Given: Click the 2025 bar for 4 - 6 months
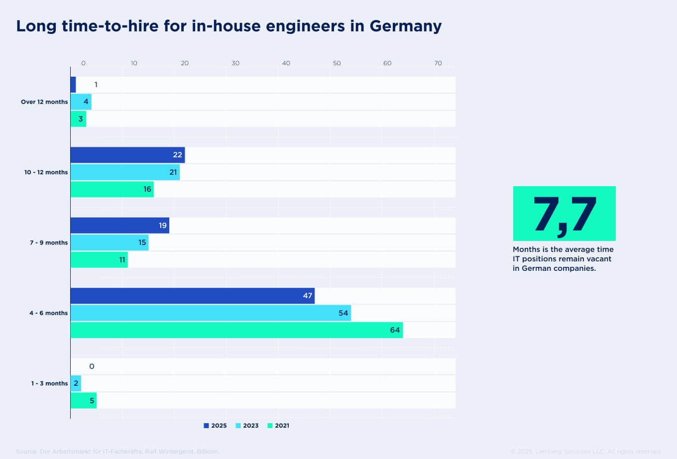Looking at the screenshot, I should [192, 296].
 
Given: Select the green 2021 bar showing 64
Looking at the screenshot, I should [236, 330].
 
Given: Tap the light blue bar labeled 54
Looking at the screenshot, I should [211, 313].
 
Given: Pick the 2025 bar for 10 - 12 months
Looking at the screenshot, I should [127, 155].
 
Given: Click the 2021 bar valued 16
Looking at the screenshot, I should [112, 189].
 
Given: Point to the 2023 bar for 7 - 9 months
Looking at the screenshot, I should [110, 242].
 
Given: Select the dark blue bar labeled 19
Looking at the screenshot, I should [119, 226].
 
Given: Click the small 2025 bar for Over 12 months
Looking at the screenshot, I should [73, 85].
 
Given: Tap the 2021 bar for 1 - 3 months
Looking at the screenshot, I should [84, 401].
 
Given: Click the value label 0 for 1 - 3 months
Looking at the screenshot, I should [92, 366].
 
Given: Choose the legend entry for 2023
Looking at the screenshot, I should [247, 426].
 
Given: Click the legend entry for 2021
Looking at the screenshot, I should [278, 426].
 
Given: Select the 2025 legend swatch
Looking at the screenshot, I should [206, 426].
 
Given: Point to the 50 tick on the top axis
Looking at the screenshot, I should [337, 63].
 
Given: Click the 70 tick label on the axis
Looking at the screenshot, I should [438, 63].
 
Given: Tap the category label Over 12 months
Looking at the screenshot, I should [44, 102].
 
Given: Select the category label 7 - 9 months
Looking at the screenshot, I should [48, 242].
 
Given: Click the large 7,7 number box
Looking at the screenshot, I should [564, 214].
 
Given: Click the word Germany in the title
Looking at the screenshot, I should [405, 26].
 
